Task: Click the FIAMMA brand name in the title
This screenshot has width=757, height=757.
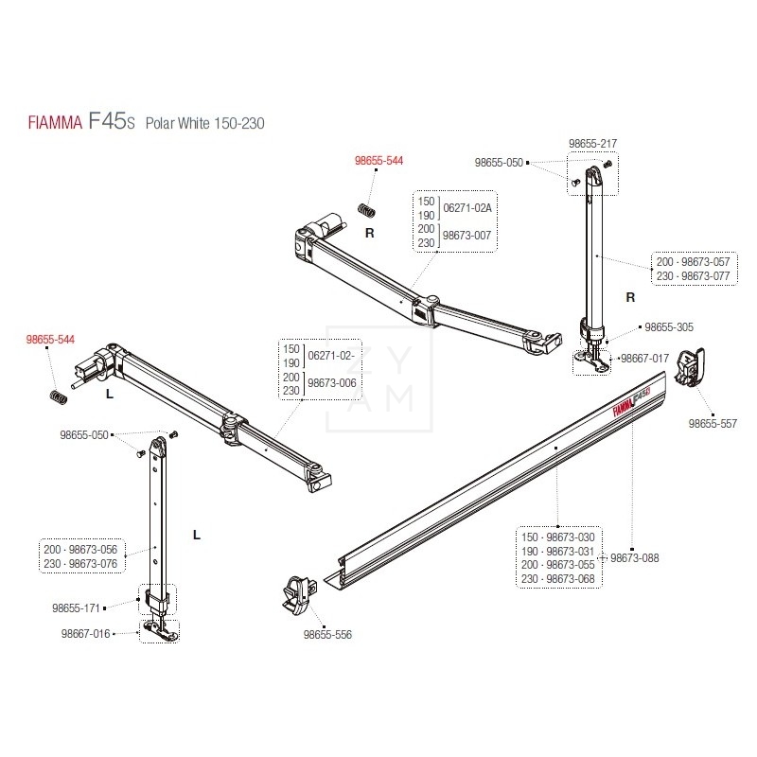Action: [55, 123]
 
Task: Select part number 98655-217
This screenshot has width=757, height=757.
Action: [592, 144]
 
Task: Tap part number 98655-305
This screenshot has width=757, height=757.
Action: [669, 326]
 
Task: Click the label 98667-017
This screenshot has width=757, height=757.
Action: [644, 359]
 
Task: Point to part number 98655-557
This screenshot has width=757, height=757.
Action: [713, 423]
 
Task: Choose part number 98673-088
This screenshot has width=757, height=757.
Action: [634, 557]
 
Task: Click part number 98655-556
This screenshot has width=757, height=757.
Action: [327, 634]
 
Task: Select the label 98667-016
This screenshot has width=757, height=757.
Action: [85, 633]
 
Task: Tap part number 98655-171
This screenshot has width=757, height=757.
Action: [76, 607]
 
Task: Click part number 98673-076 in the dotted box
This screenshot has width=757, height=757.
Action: [93, 563]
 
